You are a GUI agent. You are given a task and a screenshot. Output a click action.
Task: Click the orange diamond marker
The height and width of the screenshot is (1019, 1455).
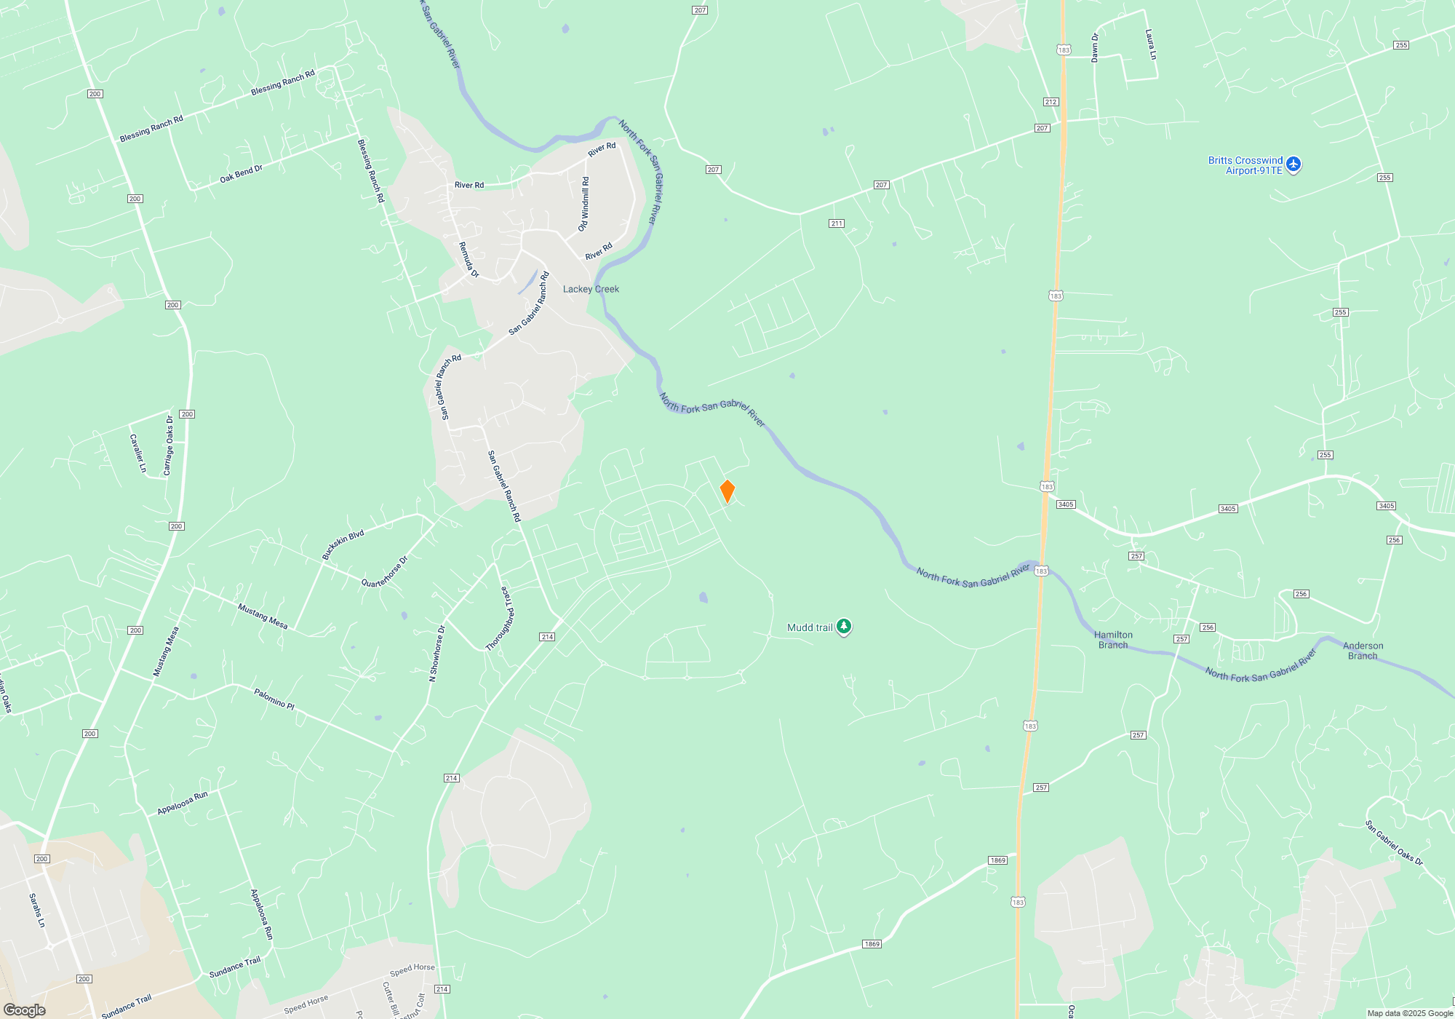pos(727,491)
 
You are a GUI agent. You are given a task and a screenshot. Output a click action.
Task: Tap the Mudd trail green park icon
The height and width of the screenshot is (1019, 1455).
pos(843,627)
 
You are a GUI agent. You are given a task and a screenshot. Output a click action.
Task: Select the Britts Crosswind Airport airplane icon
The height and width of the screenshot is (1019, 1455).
pos(1293,164)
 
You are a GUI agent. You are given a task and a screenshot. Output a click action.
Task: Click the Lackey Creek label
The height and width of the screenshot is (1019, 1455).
pos(591,289)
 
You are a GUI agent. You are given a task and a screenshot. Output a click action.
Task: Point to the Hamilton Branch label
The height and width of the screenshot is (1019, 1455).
pos(1113,640)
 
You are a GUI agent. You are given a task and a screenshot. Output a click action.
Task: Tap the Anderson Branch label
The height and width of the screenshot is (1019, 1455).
pos(1363,651)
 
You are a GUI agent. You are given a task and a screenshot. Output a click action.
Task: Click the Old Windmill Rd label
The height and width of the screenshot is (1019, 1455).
pos(584,205)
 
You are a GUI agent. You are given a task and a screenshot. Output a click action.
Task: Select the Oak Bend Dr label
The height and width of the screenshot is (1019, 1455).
pos(241,173)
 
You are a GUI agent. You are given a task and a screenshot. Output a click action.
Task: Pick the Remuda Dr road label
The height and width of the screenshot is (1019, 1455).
pos(469,260)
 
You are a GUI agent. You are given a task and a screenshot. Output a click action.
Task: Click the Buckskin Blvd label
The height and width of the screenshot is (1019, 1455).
pos(343,545)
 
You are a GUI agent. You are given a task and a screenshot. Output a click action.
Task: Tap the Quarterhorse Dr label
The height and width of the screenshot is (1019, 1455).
pos(385,572)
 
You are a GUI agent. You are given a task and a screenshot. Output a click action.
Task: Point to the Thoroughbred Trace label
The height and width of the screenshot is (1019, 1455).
pos(501,618)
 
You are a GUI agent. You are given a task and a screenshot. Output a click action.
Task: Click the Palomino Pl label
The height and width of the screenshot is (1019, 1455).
pos(274,699)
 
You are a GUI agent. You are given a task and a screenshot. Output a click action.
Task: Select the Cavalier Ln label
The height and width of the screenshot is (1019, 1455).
pos(138,453)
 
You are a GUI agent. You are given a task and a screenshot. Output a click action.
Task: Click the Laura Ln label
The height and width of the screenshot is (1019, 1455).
pos(1151,44)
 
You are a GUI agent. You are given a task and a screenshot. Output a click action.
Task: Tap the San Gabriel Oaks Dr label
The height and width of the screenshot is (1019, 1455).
pos(1394,843)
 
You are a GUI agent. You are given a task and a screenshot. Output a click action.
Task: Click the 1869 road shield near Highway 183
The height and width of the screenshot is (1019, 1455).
pos(997,860)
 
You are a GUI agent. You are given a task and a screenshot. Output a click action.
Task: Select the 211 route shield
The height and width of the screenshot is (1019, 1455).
pos(837,223)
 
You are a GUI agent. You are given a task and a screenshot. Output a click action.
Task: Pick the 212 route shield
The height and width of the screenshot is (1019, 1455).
pos(1051,102)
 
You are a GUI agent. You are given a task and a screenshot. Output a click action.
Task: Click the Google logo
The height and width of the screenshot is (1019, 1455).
pos(25,1010)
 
